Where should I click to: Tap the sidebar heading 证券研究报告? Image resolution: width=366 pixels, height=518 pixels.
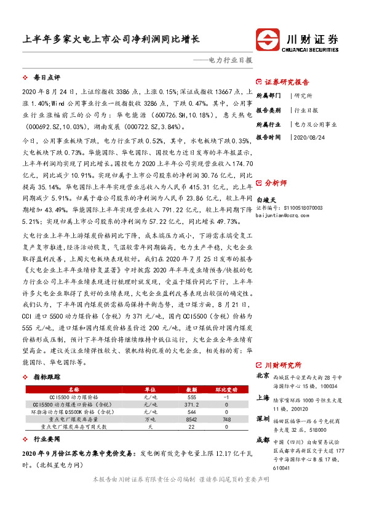point(287,82)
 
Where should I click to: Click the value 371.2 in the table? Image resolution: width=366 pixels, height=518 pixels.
point(193,404)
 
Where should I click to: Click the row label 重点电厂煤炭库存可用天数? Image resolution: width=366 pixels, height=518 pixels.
point(74,426)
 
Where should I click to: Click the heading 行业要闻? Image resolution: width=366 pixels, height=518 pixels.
point(47,440)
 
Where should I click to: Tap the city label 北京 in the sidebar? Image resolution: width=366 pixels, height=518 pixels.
point(263,376)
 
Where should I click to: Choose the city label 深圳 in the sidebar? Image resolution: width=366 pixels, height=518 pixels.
point(263,419)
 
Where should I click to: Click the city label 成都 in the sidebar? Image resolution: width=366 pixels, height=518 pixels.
point(263,440)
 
